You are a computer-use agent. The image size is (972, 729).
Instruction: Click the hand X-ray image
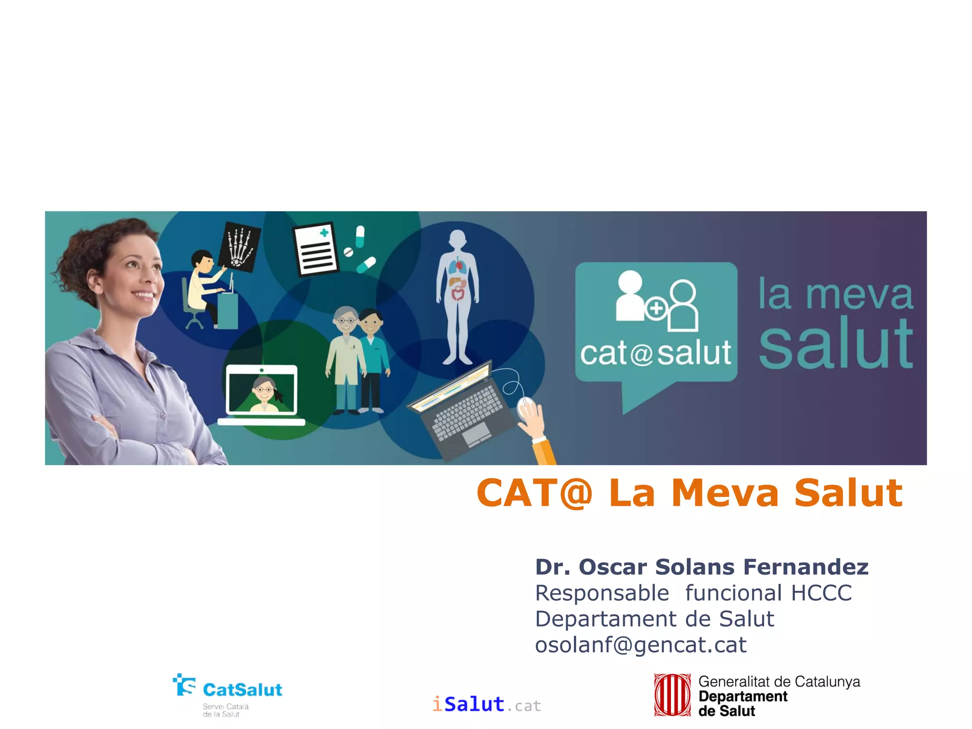240,247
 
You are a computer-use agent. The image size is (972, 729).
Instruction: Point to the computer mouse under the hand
525,408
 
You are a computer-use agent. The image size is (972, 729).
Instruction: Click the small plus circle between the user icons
656,309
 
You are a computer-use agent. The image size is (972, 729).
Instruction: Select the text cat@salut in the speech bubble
655,353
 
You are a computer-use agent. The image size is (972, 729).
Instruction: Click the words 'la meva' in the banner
835,294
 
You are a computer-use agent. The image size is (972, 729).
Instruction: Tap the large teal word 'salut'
835,344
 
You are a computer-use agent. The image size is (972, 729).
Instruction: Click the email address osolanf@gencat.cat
641,645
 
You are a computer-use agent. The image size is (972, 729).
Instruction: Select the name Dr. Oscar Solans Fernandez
701,567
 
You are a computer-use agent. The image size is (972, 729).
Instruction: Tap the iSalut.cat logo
486,704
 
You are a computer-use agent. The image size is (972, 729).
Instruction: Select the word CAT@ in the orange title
534,493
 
